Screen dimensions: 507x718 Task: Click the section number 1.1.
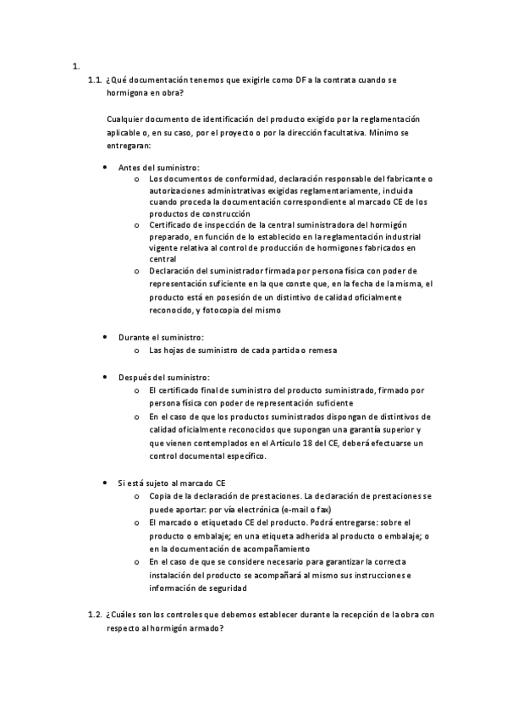point(95,80)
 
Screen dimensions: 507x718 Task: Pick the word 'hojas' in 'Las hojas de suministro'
point(175,351)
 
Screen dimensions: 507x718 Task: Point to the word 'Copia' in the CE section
point(159,495)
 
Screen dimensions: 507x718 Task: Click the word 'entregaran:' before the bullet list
point(130,146)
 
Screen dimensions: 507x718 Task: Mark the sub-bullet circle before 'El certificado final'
point(136,390)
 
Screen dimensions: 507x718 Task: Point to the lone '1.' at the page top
point(76,66)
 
